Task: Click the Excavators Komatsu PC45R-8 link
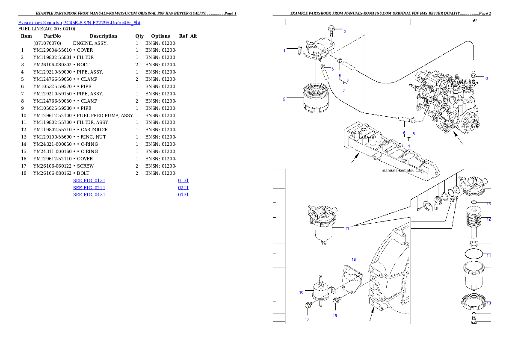[79, 23]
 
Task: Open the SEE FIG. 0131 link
[89, 181]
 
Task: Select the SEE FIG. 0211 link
[89, 188]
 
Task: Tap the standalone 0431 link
[183, 195]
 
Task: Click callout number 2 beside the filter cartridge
[284, 99]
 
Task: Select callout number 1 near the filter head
[284, 51]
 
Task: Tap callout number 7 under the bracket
[343, 91]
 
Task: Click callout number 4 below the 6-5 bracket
[408, 146]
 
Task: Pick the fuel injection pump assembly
[445, 103]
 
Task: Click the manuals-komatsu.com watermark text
[402, 170]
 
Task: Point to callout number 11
[347, 228]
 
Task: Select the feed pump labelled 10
[321, 291]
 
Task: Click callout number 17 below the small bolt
[307, 319]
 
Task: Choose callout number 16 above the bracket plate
[354, 260]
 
